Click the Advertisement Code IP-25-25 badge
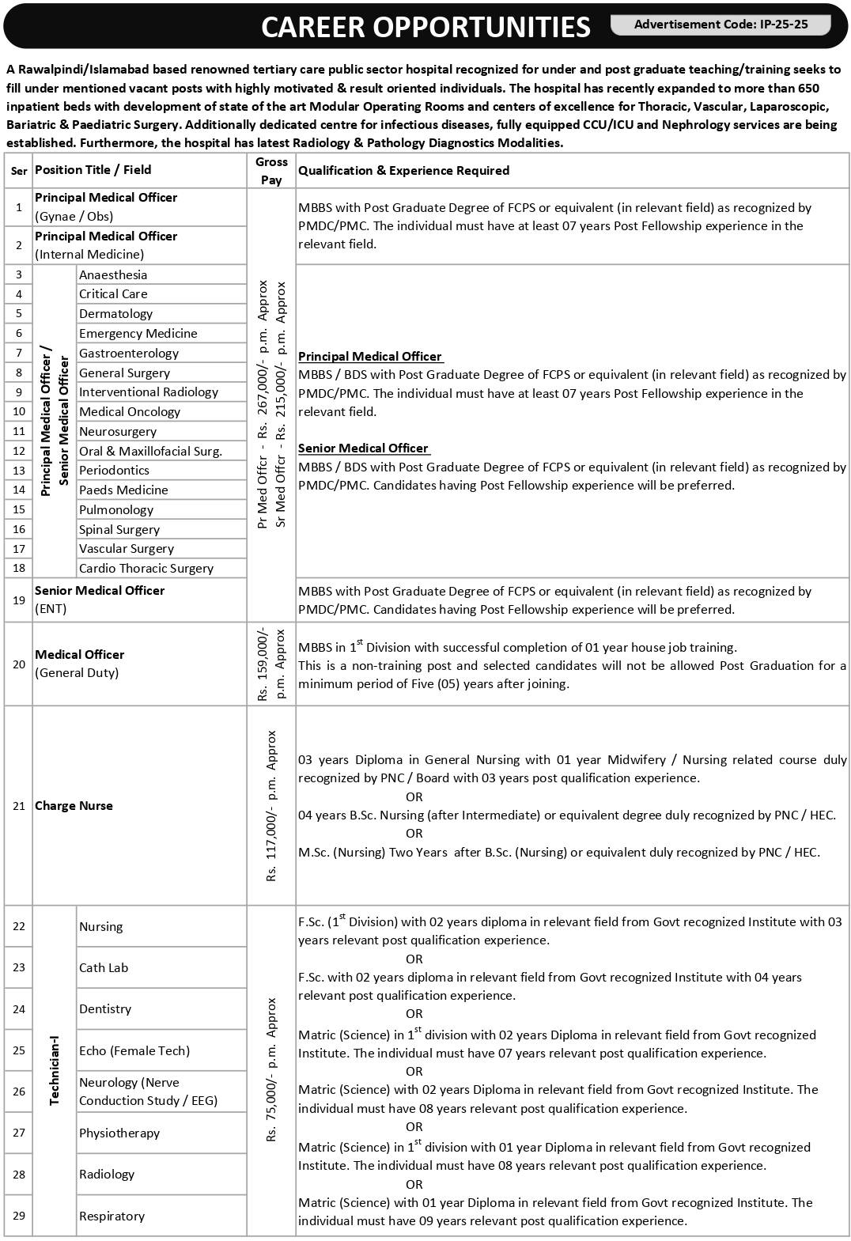pyautogui.click(x=721, y=25)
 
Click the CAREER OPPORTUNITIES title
pyautogui.click(x=425, y=27)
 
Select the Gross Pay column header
pyautogui.click(x=271, y=170)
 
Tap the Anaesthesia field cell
pyautogui.click(x=113, y=274)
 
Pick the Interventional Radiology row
pyautogui.click(x=148, y=392)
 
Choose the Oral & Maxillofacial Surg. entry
pyautogui.click(x=150, y=451)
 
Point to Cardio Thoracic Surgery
pyautogui.click(x=146, y=568)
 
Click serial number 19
pyautogui.click(x=19, y=600)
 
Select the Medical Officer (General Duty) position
pyautogui.click(x=79, y=663)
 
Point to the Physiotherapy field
pyautogui.click(x=119, y=1133)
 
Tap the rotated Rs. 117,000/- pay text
pyautogui.click(x=271, y=805)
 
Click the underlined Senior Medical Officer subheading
pyautogui.click(x=363, y=448)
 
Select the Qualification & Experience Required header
pyautogui.click(x=403, y=170)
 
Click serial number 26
pyautogui.click(x=19, y=1092)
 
